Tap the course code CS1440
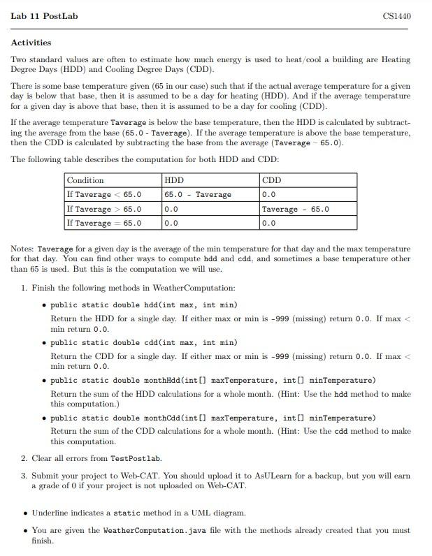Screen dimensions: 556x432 [397, 15]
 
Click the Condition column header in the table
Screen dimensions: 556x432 [85, 180]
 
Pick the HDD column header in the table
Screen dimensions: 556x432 [174, 180]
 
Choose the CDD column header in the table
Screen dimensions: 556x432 [271, 180]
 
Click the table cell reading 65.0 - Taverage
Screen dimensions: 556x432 [198, 195]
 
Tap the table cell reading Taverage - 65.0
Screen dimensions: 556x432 [295, 209]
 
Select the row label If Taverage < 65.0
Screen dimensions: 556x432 [103, 195]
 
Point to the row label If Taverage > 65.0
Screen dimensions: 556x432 [103, 209]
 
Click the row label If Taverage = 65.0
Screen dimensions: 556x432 [103, 224]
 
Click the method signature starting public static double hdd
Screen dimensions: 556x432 [143, 305]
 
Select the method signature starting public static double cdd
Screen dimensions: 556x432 [143, 342]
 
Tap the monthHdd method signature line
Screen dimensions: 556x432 [213, 380]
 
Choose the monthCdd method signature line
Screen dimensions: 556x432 [213, 418]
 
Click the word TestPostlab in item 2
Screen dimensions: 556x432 [136, 458]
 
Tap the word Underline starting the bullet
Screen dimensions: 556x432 [51, 513]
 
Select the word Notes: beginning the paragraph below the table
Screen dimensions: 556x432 [22, 249]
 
